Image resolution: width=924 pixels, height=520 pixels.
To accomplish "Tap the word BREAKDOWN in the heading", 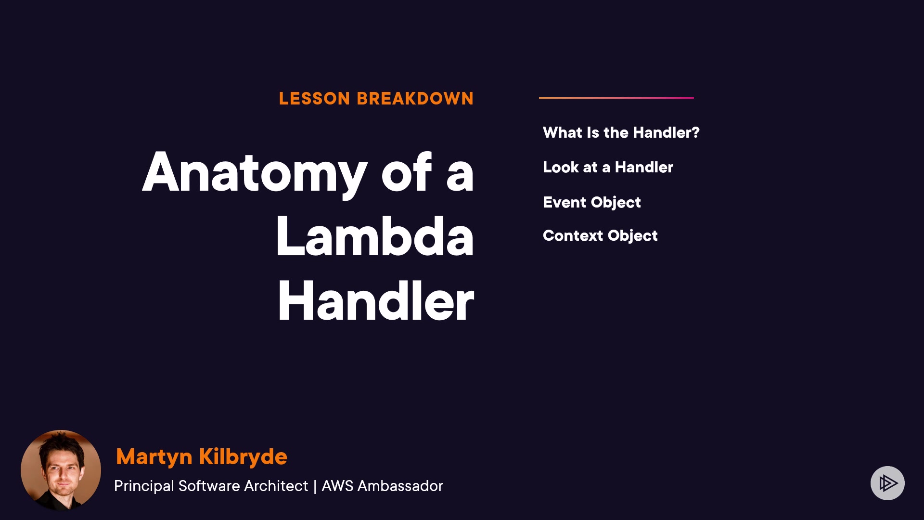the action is click(415, 99).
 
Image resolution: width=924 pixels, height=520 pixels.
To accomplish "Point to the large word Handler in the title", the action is click(376, 300).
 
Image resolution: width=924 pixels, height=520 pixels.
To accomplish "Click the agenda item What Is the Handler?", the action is click(621, 132).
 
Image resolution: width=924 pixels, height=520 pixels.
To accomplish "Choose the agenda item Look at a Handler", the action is click(608, 167).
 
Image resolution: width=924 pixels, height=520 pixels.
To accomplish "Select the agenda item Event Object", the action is click(591, 203).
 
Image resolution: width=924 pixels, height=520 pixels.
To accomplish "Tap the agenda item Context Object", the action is click(600, 236).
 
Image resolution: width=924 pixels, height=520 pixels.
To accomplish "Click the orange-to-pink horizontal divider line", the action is click(616, 98).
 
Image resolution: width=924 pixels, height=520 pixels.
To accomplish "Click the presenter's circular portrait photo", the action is click(61, 470).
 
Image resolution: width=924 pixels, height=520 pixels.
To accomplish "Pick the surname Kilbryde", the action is click(243, 456).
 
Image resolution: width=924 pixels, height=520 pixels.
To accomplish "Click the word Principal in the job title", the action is click(144, 486).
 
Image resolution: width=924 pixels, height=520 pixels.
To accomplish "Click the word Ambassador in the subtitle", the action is click(400, 486).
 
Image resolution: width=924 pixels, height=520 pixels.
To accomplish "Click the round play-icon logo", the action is click(887, 483).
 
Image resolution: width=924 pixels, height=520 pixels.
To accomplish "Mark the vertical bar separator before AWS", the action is click(315, 486).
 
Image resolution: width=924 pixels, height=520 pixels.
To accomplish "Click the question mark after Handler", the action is click(695, 132).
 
